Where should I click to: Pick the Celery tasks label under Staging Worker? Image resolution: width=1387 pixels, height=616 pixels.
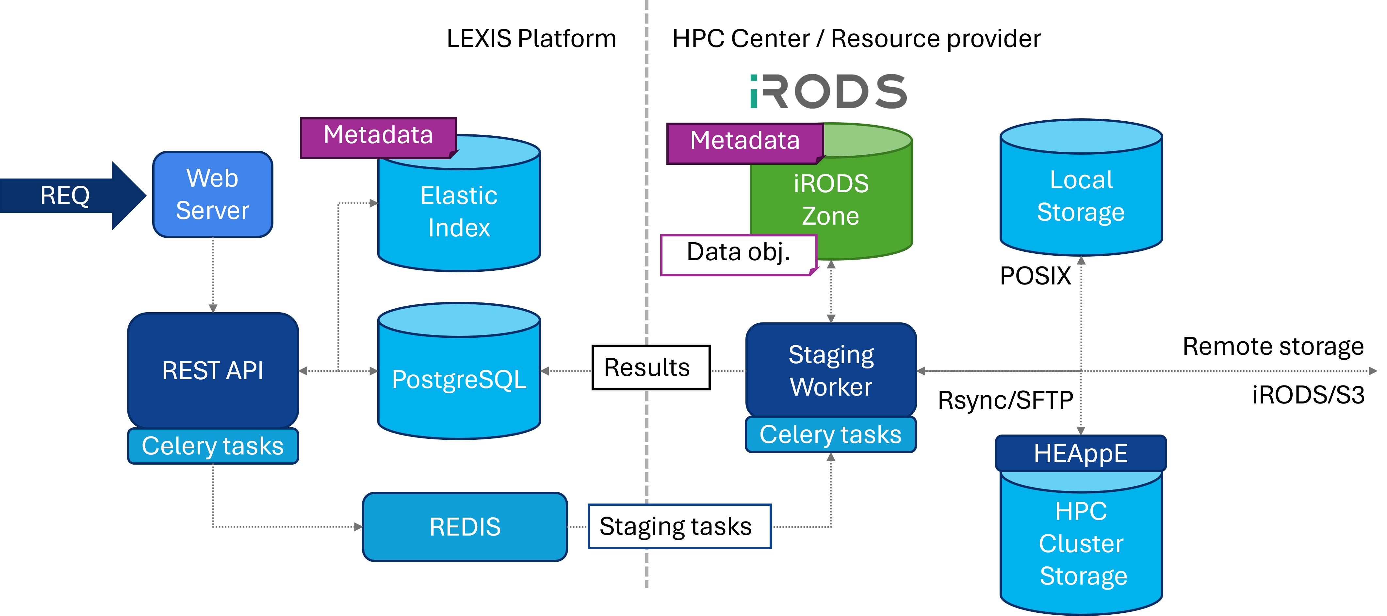pos(830,435)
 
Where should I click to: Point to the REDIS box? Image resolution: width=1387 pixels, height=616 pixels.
pos(465,526)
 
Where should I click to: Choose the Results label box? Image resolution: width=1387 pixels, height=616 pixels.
pos(650,368)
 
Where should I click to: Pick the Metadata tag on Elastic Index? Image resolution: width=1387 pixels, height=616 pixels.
pos(378,135)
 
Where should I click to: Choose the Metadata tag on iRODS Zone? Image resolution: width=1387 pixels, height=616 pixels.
pos(745,141)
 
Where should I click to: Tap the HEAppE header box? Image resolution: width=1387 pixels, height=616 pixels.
pos(1081,453)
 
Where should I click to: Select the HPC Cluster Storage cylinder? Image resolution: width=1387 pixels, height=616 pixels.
pos(1081,544)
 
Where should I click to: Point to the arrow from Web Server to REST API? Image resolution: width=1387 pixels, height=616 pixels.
pos(213,275)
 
